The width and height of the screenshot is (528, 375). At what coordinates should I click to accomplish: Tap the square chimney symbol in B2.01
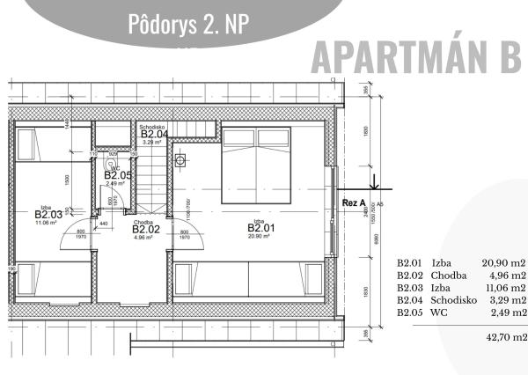point(181,160)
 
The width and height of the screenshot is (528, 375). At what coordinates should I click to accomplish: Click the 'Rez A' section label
point(353,202)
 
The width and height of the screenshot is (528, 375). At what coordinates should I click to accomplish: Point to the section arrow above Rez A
point(373,183)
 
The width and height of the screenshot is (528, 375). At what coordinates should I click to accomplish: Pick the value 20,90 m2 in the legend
point(503,262)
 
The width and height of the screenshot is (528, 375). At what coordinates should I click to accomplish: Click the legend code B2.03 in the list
point(410,287)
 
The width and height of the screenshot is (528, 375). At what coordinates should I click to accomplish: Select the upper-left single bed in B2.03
point(53,143)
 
